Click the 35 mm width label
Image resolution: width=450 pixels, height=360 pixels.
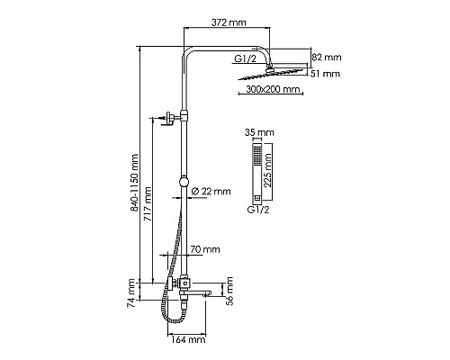pos(257,131)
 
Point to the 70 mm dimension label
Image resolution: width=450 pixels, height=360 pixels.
pos(205,249)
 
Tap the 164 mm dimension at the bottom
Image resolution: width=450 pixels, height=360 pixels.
pos(187,339)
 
